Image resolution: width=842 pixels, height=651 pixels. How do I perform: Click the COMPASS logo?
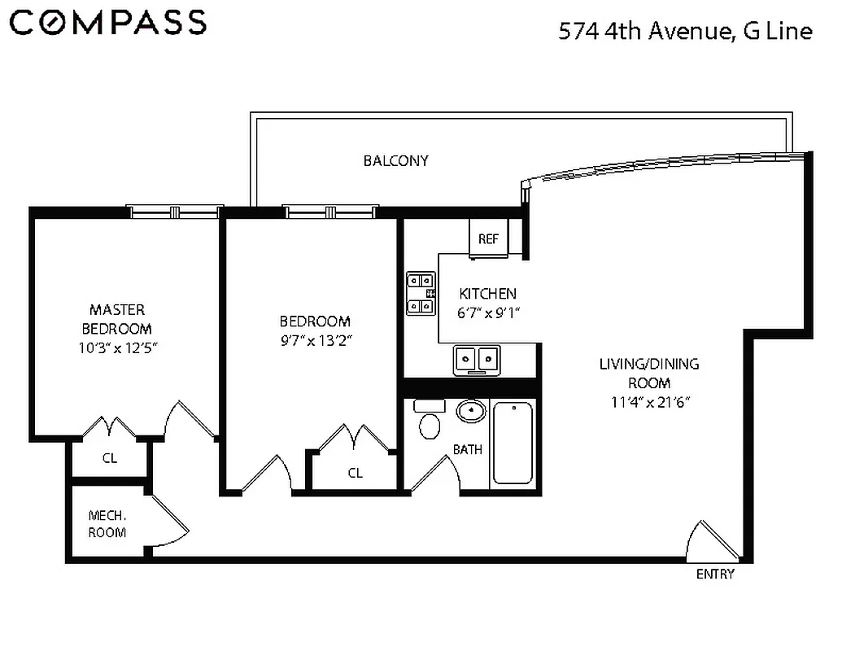click(x=108, y=23)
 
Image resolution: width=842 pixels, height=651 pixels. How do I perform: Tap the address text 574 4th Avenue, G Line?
click(x=685, y=32)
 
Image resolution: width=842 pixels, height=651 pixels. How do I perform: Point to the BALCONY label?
click(x=395, y=160)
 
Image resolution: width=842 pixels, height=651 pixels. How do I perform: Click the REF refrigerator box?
click(x=488, y=238)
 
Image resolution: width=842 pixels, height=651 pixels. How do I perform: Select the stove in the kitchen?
click(x=421, y=293)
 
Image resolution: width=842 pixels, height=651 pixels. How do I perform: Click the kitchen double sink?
click(x=476, y=359)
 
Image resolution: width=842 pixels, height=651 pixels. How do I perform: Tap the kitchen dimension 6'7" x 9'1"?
click(x=488, y=311)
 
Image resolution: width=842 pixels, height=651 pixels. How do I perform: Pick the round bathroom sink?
click(x=469, y=412)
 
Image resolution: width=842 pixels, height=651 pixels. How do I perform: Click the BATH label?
click(x=467, y=449)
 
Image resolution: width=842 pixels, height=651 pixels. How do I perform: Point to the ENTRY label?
click(x=715, y=575)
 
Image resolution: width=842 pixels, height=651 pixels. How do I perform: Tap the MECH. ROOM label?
click(x=107, y=523)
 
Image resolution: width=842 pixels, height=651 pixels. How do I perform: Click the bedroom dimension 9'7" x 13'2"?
click(x=315, y=339)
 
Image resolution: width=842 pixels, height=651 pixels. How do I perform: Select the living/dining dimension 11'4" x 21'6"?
click(x=648, y=401)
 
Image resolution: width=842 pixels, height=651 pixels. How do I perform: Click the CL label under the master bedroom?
click(x=110, y=458)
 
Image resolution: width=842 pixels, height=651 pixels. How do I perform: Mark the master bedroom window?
click(x=176, y=212)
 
